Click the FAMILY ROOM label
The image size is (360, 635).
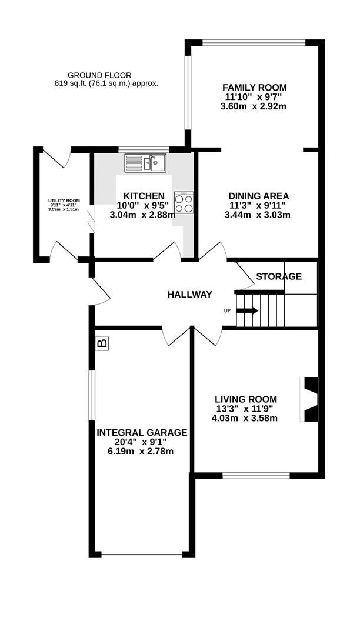click(255, 88)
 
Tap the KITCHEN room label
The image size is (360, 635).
click(144, 196)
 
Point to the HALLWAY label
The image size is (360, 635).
click(189, 295)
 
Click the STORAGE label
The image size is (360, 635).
click(279, 276)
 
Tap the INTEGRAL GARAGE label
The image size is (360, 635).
click(142, 432)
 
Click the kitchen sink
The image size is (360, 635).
click(146, 162)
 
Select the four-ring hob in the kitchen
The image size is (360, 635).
click(184, 202)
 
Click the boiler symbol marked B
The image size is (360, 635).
click(102, 343)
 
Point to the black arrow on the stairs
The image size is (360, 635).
click(247, 310)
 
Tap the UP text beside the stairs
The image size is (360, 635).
click(227, 310)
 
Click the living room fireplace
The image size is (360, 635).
click(309, 400)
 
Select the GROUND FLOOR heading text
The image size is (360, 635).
click(99, 75)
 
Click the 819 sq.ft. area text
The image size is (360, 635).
click(106, 83)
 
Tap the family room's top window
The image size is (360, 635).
click(254, 42)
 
